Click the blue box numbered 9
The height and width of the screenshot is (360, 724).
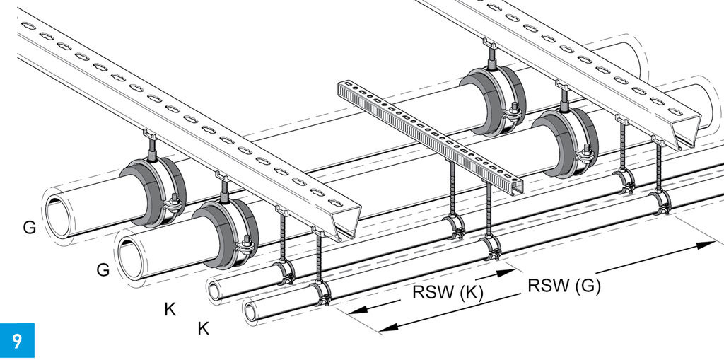click(16, 340)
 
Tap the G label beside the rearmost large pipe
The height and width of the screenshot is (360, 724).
click(29, 228)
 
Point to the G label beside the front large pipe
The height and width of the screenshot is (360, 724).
click(103, 269)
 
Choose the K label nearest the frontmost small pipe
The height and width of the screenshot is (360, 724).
click(203, 328)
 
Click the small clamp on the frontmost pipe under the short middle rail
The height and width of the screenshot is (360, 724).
click(490, 247)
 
